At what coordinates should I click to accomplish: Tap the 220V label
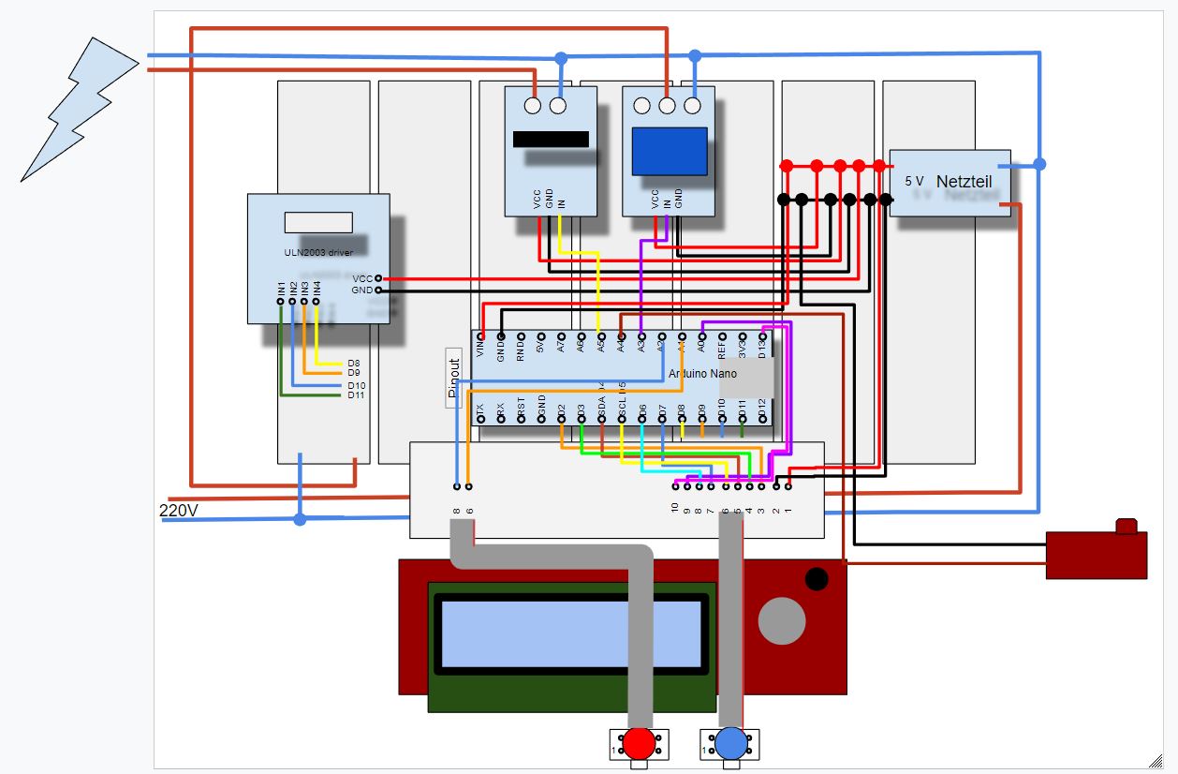(x=179, y=511)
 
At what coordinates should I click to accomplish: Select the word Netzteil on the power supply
(x=964, y=181)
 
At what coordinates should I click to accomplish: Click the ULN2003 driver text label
(x=318, y=252)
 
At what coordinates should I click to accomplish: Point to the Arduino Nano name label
(x=702, y=373)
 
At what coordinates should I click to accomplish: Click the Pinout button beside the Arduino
(x=454, y=378)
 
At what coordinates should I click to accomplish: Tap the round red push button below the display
(x=640, y=742)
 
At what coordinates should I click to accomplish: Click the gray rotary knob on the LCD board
(x=781, y=620)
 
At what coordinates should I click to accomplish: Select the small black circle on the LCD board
(x=817, y=578)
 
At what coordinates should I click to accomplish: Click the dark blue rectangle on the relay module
(x=670, y=151)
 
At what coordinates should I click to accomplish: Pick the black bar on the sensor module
(x=551, y=140)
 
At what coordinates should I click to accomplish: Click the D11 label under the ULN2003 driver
(x=356, y=395)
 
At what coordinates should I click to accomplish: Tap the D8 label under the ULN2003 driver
(x=354, y=363)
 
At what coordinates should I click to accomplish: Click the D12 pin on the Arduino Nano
(x=762, y=419)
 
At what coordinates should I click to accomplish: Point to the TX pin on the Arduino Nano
(x=480, y=419)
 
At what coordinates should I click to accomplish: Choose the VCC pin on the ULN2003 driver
(x=377, y=278)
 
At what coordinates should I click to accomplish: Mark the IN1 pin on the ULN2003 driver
(x=281, y=301)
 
